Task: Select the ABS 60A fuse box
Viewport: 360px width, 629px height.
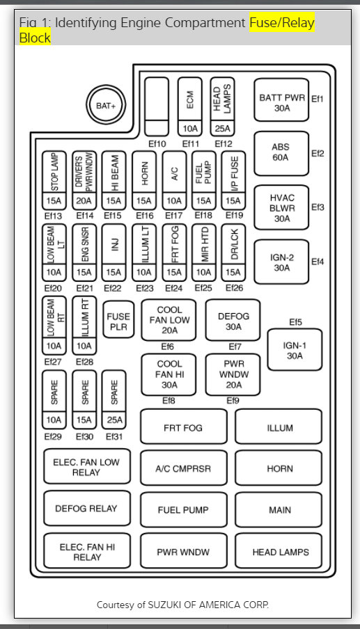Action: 281,153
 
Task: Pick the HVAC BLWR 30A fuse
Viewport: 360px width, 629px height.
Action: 281,207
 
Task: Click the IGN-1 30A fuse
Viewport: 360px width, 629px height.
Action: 295,350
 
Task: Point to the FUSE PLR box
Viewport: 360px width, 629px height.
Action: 118,321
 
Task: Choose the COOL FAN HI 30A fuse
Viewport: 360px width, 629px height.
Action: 169,374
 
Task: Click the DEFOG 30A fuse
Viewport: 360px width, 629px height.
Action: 233,321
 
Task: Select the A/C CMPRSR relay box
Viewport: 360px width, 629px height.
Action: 183,469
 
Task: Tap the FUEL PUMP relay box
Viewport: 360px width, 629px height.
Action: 183,510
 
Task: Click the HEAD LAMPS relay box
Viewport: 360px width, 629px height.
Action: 279,552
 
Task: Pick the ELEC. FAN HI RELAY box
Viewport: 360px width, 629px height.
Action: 86,552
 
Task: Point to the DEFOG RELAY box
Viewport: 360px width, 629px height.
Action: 86,509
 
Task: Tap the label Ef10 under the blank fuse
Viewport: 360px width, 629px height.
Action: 157,144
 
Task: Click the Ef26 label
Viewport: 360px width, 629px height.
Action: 233,288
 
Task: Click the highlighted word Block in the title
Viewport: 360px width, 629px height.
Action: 35,37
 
